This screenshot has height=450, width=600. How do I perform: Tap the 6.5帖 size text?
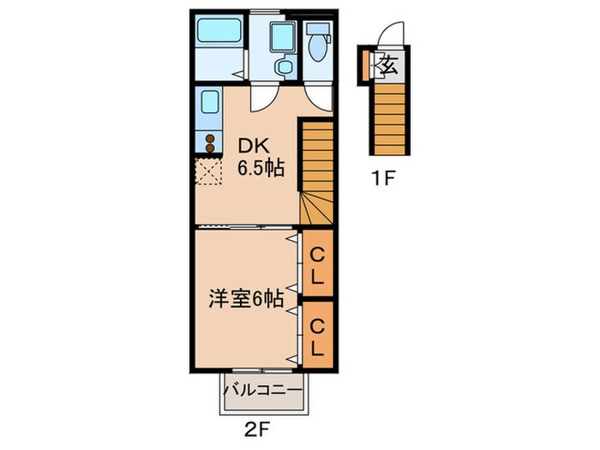pos(261,168)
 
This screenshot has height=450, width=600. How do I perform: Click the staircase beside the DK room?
pos(314,171)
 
